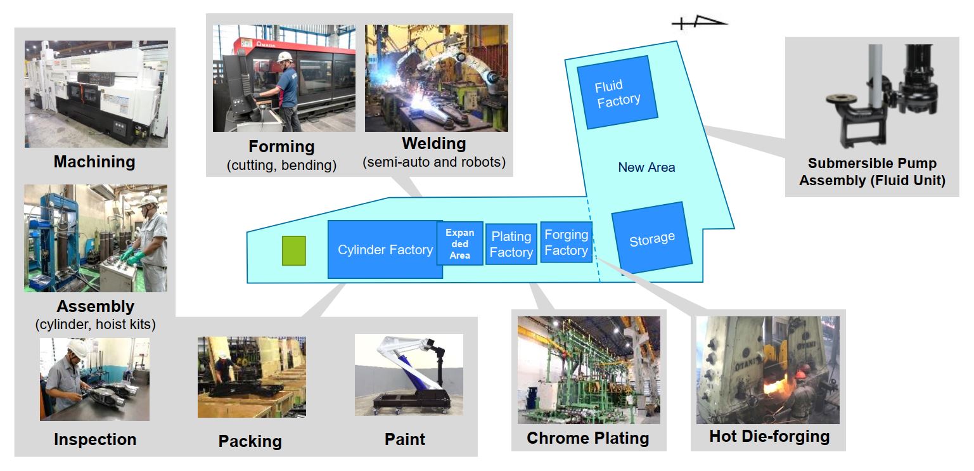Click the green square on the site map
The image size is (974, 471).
pos(293,250)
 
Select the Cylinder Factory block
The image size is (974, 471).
pos(385,250)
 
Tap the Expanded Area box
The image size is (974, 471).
pos(460,243)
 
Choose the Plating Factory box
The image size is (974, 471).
pos(511,244)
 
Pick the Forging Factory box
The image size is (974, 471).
pos(566,242)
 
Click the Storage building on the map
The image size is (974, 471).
pos(651,238)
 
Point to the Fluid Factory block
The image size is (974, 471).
pos(617,93)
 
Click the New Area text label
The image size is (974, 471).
pos(646,167)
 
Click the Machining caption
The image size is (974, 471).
pos(94,162)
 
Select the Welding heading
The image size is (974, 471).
pos(434,143)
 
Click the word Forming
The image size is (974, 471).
pos(281,146)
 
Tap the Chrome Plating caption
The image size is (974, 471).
pos(587,437)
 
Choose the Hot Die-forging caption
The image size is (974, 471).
pos(769,436)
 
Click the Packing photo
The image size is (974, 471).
pos(252,377)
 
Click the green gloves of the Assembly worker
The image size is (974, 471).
pos(134,256)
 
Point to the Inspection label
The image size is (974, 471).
pos(95,439)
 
